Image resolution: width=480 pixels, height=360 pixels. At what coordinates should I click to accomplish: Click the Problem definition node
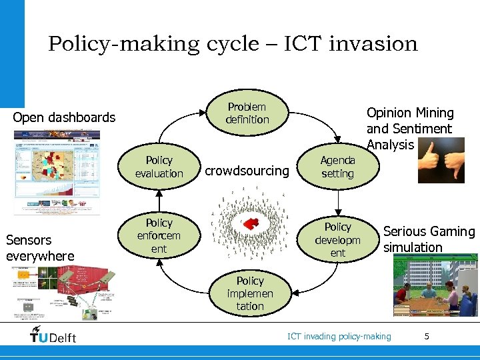(x=247, y=113)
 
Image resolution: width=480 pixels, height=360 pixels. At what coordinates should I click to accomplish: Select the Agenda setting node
(x=337, y=167)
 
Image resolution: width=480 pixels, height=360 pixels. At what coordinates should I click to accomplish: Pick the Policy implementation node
(x=250, y=293)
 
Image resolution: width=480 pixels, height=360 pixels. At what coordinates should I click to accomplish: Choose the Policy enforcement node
(x=159, y=235)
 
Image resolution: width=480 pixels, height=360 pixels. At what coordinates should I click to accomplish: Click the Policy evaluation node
(x=159, y=167)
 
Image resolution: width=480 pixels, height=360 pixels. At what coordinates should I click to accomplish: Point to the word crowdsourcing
(x=247, y=171)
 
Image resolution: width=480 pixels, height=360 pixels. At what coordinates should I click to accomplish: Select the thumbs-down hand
(x=454, y=163)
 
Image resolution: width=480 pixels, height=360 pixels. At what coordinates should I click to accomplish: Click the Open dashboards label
(x=65, y=118)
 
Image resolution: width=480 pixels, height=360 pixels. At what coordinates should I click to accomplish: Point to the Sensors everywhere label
(x=40, y=247)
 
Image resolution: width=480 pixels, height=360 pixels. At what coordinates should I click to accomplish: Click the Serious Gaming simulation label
(x=428, y=239)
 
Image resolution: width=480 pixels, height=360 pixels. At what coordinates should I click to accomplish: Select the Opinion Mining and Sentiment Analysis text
(x=409, y=129)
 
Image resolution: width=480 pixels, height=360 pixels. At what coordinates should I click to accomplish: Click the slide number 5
(x=427, y=337)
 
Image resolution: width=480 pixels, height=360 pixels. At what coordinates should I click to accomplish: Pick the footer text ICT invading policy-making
(x=339, y=337)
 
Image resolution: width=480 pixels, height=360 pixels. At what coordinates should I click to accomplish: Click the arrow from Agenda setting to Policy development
(x=338, y=199)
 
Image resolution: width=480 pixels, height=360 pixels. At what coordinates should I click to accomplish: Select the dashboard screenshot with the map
(x=57, y=171)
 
